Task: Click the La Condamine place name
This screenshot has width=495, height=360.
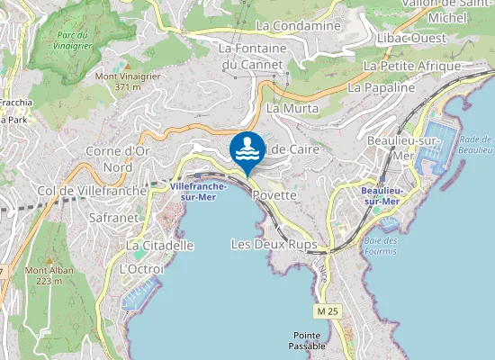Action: pos(298,26)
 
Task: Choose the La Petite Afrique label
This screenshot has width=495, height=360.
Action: pos(411,66)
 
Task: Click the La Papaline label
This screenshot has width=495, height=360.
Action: pos(381,88)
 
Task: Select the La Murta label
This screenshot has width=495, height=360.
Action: pos(286,107)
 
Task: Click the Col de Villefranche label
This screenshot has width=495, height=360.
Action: pos(90,190)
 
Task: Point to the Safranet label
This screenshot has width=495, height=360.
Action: pos(114,217)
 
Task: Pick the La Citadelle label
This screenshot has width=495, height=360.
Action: pos(159,245)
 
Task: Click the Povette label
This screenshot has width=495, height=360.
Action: pos(274,194)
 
